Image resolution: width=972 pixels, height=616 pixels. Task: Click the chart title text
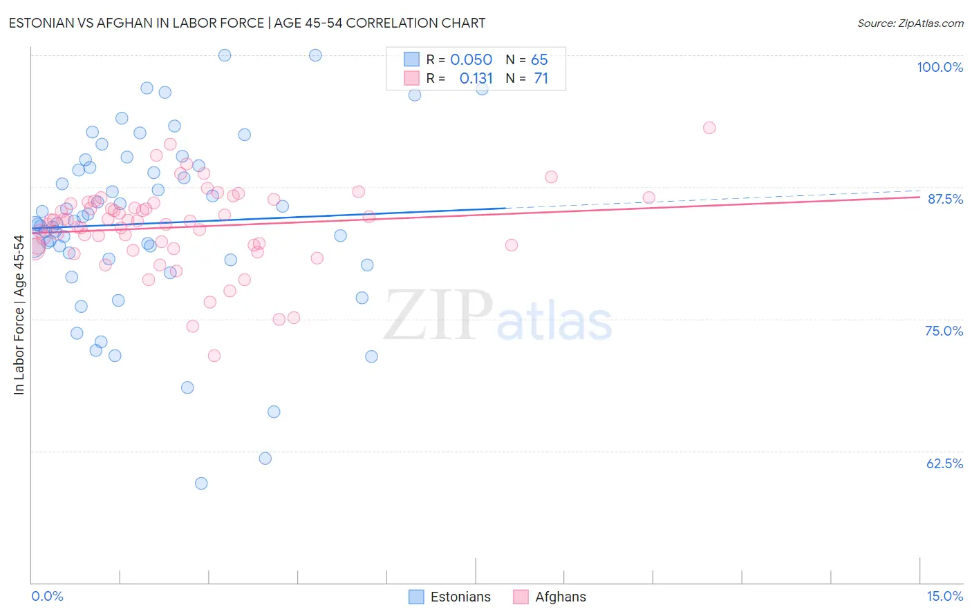click(x=247, y=23)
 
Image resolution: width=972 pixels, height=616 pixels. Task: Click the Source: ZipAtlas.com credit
click(x=910, y=23)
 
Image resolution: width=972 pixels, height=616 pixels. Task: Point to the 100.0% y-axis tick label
click(x=940, y=67)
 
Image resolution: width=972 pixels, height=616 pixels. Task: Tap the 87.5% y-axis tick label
click(x=944, y=199)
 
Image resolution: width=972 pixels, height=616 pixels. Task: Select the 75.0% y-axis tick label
click(x=944, y=331)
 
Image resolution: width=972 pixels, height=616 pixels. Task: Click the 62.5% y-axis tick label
click(x=944, y=463)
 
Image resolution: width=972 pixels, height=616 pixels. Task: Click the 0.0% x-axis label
click(x=47, y=596)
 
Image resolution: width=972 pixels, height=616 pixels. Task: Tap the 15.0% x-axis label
click(x=944, y=596)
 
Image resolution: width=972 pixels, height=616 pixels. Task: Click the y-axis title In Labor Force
click(x=19, y=315)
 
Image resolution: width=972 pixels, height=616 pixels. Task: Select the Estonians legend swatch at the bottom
click(x=416, y=597)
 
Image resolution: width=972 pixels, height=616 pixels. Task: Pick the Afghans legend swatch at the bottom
click(x=521, y=597)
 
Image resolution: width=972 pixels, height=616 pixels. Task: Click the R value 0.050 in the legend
click(x=471, y=60)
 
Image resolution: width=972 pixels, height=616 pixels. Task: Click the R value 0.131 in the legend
click(x=476, y=79)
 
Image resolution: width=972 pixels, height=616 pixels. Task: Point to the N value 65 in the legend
click(x=539, y=60)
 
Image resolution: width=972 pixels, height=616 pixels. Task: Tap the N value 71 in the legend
click(x=541, y=79)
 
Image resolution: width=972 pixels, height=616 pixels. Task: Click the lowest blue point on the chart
click(x=201, y=483)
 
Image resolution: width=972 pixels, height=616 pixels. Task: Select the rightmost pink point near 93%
click(x=709, y=128)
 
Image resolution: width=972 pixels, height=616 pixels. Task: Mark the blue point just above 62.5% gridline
click(x=265, y=459)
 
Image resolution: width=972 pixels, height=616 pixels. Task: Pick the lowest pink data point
click(x=214, y=356)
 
